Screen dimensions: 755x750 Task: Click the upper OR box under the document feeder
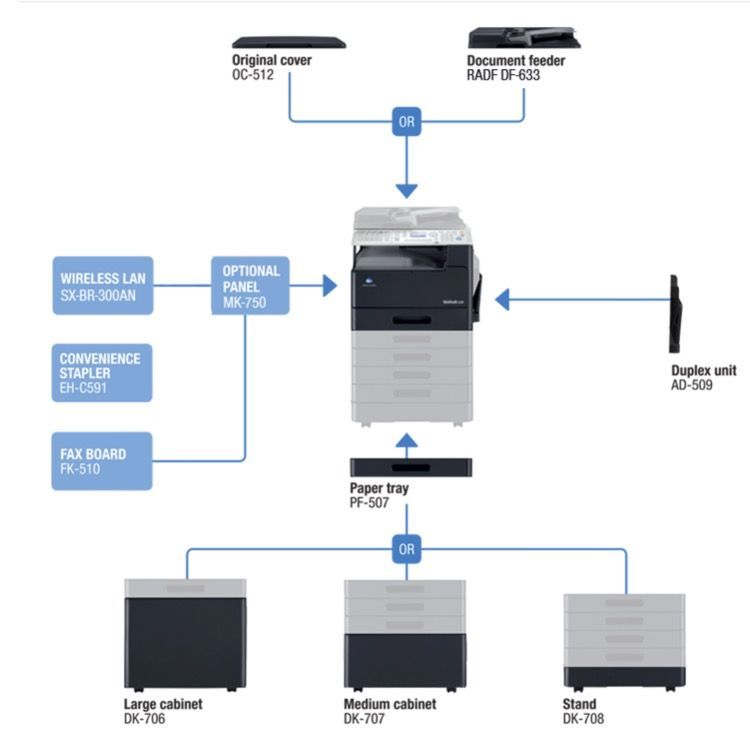click(407, 122)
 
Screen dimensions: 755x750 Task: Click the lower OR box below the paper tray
click(407, 548)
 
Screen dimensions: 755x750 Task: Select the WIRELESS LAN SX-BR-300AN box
click(102, 285)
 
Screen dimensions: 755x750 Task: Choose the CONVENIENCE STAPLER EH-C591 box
click(102, 372)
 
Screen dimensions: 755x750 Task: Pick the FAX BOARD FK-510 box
click(102, 460)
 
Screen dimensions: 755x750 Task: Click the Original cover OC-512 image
click(288, 42)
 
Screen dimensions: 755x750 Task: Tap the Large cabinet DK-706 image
click(185, 633)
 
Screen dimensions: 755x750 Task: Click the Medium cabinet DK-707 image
click(405, 633)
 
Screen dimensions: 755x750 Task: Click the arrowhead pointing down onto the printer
click(407, 189)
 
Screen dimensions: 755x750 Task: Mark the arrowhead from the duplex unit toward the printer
click(503, 299)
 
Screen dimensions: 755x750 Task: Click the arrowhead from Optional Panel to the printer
click(329, 286)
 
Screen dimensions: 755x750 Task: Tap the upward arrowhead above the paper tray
click(405, 441)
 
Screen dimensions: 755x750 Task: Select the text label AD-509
click(692, 384)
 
